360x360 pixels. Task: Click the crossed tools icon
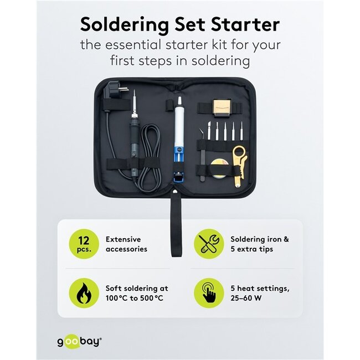pyautogui.click(x=208, y=244)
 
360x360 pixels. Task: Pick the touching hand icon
pyautogui.click(x=208, y=294)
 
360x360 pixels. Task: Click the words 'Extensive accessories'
pyautogui.click(x=126, y=244)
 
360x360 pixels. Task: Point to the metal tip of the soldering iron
pyautogui.click(x=134, y=100)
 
